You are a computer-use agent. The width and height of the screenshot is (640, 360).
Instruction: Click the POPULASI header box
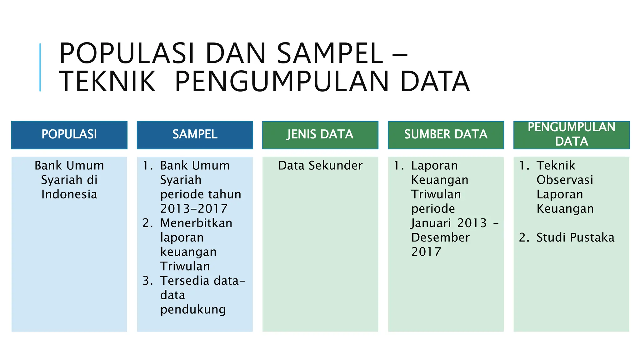tap(69, 135)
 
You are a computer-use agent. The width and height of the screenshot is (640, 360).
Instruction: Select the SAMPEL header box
tap(195, 135)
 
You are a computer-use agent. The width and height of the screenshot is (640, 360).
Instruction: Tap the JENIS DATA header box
tap(320, 135)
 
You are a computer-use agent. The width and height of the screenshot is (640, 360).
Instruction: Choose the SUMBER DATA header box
tap(446, 135)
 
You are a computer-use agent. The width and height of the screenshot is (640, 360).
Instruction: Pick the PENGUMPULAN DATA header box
tap(571, 135)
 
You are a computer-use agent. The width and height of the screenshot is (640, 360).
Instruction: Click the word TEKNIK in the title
tap(107, 82)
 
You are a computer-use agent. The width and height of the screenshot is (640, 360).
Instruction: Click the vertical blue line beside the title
tap(40, 67)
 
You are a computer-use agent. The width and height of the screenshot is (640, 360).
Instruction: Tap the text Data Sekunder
tap(320, 165)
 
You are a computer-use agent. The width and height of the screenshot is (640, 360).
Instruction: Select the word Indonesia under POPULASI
tap(69, 194)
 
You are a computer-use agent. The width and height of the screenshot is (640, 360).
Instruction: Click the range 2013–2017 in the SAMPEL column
tap(194, 209)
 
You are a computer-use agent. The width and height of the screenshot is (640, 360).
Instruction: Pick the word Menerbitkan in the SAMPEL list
tap(196, 223)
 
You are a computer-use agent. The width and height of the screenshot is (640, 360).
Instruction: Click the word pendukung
tap(193, 309)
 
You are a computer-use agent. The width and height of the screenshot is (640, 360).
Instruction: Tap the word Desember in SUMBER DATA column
tap(440, 237)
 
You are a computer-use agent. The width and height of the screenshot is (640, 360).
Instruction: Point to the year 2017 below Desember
tap(426, 252)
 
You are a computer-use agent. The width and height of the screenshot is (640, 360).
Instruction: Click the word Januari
tap(431, 223)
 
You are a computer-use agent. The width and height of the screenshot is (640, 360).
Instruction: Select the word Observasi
tap(565, 180)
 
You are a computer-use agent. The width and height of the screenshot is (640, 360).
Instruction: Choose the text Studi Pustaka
tap(575, 237)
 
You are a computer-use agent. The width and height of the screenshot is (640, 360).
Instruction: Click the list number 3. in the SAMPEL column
tap(147, 281)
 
